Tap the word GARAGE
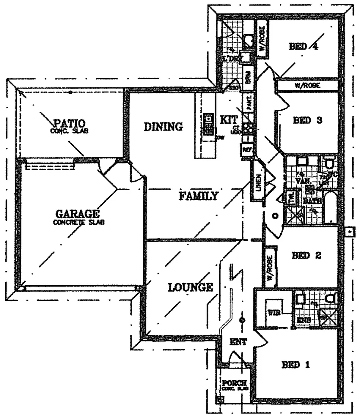(78, 214)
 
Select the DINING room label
(163, 127)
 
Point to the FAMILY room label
(199, 196)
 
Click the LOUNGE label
(190, 286)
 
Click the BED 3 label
(307, 121)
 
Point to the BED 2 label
(307, 256)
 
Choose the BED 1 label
(296, 364)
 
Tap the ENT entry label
(238, 342)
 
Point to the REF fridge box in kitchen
(247, 150)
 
